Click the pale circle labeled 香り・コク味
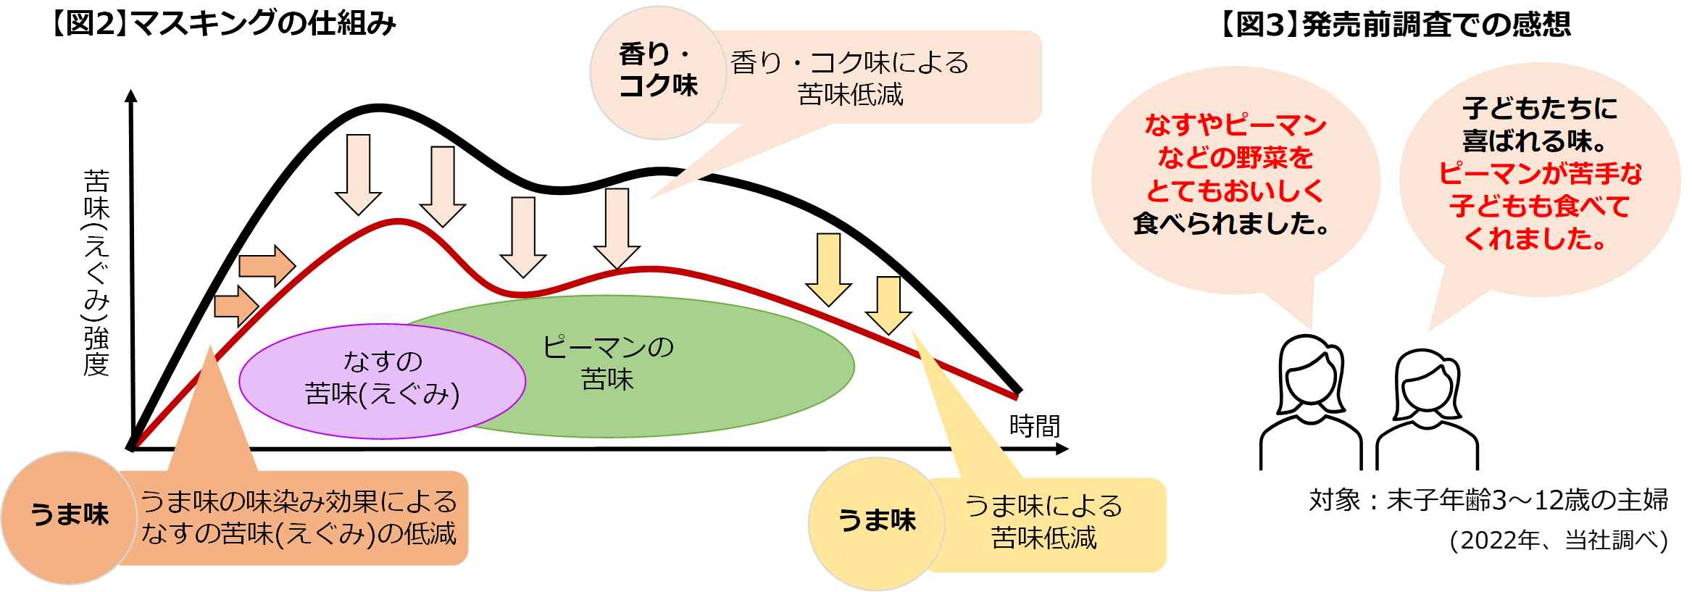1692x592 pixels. [657, 72]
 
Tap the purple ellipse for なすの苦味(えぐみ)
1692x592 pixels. [382, 380]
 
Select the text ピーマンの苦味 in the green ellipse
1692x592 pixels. [608, 363]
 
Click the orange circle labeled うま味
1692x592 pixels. [69, 517]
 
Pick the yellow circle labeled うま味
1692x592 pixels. [876, 522]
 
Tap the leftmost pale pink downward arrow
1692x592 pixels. [359, 174]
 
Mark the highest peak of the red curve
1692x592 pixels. [398, 220]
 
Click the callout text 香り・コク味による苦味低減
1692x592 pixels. [850, 78]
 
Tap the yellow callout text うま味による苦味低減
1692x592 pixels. [1043, 522]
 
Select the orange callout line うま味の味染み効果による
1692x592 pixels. [299, 501]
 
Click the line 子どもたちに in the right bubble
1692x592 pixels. [1540, 109]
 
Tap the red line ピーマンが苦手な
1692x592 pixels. [1540, 174]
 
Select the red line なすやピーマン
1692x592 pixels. [1235, 125]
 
